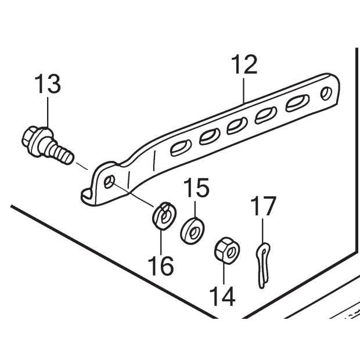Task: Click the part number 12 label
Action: coord(244,64)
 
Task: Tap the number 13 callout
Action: coord(46,85)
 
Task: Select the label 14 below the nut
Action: coord(223,297)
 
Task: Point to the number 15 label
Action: coord(196,189)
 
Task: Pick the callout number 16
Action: coord(161,265)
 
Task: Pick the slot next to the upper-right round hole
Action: coord(296,104)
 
